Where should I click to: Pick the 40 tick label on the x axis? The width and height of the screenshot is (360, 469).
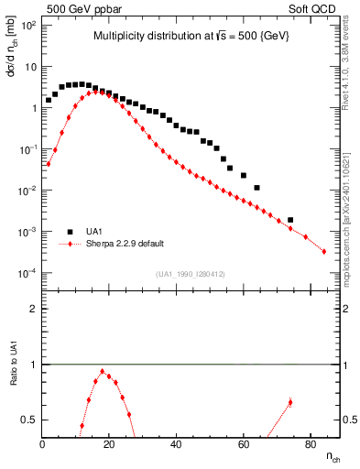177,446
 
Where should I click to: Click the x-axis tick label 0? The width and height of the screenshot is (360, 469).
43,446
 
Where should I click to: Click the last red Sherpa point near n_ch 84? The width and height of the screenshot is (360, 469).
324,252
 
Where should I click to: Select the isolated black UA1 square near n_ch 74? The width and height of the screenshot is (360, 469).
290,220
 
